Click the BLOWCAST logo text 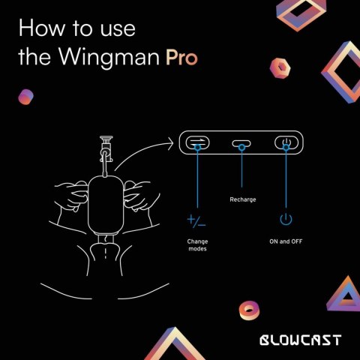click(x=299, y=340)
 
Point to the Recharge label click(x=241, y=200)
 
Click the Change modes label click(x=197, y=244)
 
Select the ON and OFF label click(x=285, y=241)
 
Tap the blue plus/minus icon click(x=196, y=220)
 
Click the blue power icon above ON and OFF click(x=285, y=220)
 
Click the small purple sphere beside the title click(x=26, y=97)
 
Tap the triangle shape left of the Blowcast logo click(x=180, y=341)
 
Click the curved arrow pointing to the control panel click(x=142, y=152)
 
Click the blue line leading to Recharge click(x=241, y=169)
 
